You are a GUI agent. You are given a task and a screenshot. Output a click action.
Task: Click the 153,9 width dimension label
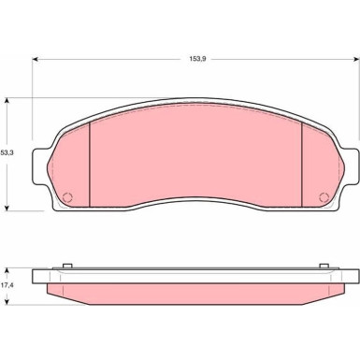[196, 59]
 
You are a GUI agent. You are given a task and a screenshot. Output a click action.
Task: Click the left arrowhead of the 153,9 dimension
[36, 59]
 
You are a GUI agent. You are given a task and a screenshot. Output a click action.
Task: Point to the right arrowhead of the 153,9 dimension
[356, 59]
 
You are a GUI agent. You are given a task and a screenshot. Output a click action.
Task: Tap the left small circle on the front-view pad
[67, 197]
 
